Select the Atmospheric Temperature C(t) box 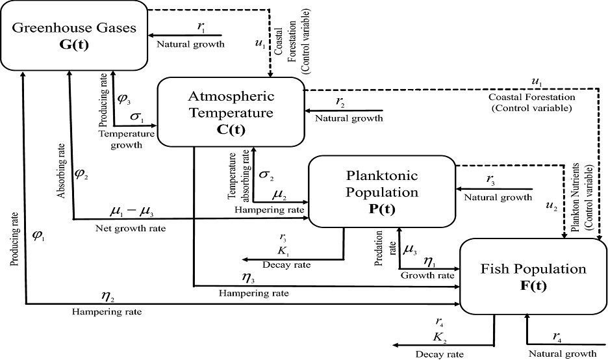pyautogui.click(x=230, y=112)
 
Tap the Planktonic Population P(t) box pyautogui.click(x=380, y=192)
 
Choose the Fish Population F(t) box pyautogui.click(x=533, y=276)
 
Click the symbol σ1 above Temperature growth pyautogui.click(x=137, y=118)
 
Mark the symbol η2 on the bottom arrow pyautogui.click(x=107, y=296)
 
